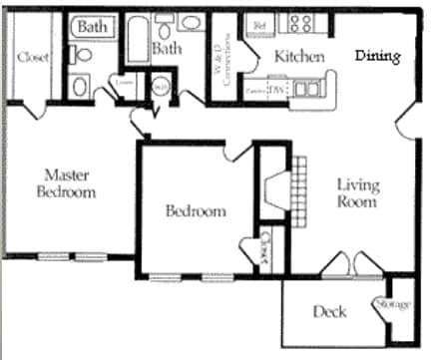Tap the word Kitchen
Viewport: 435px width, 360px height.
pyautogui.click(x=299, y=56)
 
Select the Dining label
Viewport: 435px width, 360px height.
pyautogui.click(x=379, y=56)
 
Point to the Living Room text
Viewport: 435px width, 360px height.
pyautogui.click(x=356, y=192)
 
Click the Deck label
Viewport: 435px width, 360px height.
pyautogui.click(x=329, y=312)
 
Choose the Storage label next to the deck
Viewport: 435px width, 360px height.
pyautogui.click(x=392, y=303)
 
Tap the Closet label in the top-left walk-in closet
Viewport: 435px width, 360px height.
pyautogui.click(x=32, y=57)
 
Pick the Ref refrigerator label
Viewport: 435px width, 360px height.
pyautogui.click(x=260, y=23)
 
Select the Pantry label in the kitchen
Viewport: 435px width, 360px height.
pyautogui.click(x=256, y=91)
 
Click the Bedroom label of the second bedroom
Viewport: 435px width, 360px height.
pyautogui.click(x=195, y=211)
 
